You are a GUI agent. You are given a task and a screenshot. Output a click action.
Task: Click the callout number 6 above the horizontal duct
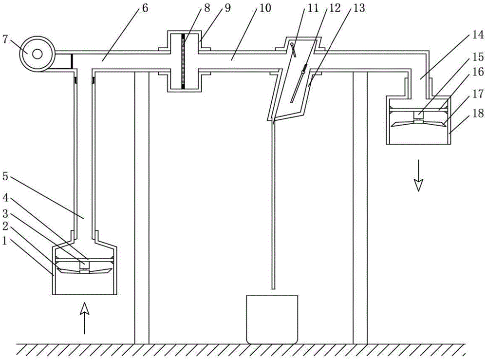[145, 8]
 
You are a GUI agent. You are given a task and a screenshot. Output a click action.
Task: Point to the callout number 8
[207, 8]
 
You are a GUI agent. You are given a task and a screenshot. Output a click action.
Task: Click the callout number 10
[264, 8]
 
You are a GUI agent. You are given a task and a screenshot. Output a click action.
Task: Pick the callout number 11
[313, 8]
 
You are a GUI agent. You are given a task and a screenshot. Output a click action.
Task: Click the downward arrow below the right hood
[419, 175]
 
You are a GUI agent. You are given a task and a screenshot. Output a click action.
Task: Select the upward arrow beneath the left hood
[84, 319]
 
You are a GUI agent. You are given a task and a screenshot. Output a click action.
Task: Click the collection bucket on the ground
[272, 319]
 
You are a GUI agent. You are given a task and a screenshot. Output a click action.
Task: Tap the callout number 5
[5, 176]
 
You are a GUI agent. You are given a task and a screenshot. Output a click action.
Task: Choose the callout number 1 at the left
[5, 241]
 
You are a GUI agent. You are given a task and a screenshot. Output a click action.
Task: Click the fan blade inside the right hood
[418, 123]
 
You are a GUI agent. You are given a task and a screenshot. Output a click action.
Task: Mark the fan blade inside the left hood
[84, 271]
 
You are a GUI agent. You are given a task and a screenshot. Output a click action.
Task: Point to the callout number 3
[5, 213]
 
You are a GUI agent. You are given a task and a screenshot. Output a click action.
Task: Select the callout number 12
[335, 8]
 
